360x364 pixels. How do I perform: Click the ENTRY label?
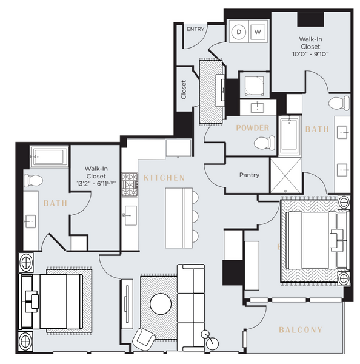coord(195,29)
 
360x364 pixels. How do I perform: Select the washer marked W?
coord(258,31)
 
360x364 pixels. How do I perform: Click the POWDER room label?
coord(252,128)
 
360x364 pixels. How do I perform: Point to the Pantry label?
coord(249,175)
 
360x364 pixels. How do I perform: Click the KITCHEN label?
coord(164,178)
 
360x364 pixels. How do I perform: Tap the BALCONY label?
coord(300,330)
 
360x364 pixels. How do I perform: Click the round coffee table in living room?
coord(161,303)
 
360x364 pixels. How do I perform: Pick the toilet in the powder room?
coord(262,143)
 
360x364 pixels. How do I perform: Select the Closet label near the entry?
coord(184,89)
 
